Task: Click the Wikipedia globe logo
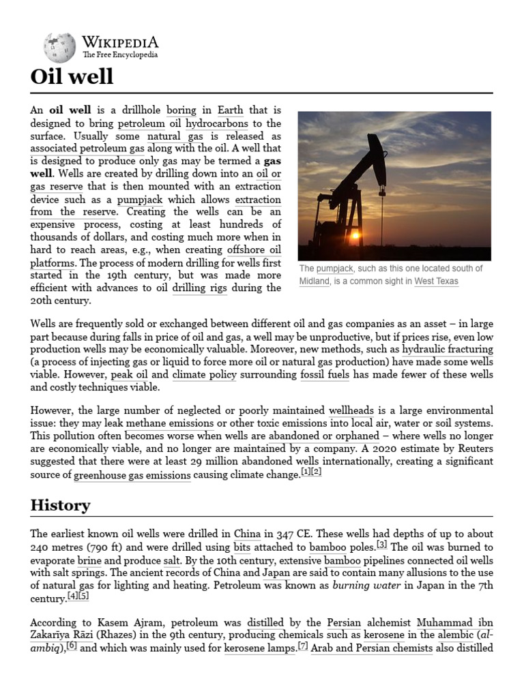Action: (60, 48)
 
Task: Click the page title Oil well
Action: (72, 76)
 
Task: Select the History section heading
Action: (60, 505)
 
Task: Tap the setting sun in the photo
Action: (355, 235)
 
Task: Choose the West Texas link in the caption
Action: (436, 281)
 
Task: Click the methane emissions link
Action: (170, 423)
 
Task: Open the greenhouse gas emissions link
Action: (132, 474)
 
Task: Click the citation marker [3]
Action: (382, 544)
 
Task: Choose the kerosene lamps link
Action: (259, 648)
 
